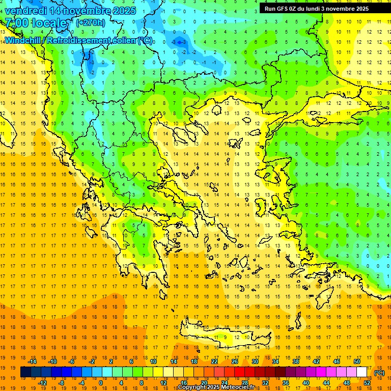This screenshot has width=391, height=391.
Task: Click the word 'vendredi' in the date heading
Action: pos(25,11)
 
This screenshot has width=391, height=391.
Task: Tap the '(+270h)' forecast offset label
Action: pos(91,22)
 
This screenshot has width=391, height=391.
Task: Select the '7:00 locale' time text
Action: pos(36,23)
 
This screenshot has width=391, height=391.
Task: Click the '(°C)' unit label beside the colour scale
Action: pos(379,373)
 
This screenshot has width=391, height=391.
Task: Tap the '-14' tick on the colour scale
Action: pos(33,361)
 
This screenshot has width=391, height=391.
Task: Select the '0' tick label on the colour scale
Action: pos(100,383)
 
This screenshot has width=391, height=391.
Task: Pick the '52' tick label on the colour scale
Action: pos(367,383)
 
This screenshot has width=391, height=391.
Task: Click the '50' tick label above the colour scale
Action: pos(357,361)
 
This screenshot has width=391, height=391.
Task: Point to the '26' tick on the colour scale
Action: pos(235,361)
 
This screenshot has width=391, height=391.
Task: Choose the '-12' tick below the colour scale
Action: pos(42,383)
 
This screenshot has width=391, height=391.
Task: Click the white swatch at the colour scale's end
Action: pos(362,372)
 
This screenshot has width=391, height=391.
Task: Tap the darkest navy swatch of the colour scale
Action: pos(25,372)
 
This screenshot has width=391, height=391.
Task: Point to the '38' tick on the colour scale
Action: pos(296,361)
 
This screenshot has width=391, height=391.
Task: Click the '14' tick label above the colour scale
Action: pos(174,361)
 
